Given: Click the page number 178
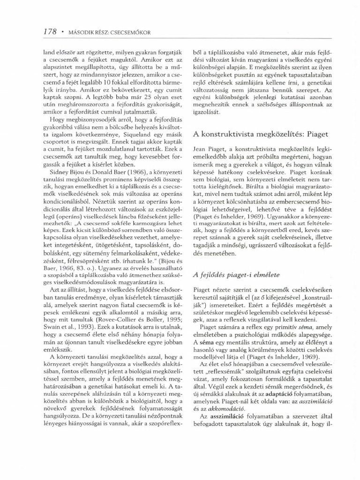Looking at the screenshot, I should [x=49, y=32].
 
